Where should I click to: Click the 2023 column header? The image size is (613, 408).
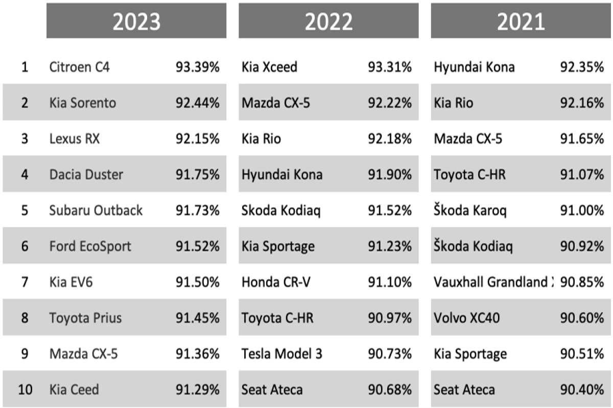pyautogui.click(x=136, y=21)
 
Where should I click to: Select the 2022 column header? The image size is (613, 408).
pyautogui.click(x=328, y=21)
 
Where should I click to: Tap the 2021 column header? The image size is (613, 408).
pyautogui.click(x=521, y=21)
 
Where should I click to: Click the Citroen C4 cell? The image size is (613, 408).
pyautogui.click(x=79, y=67)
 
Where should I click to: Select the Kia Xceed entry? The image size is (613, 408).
pyautogui.click(x=269, y=67)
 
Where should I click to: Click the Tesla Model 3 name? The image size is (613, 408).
pyautogui.click(x=282, y=354)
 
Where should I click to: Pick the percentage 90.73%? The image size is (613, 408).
pyautogui.click(x=390, y=354)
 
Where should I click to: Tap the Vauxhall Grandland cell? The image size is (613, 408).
pyautogui.click(x=493, y=282)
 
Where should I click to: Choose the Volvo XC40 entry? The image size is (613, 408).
pyautogui.click(x=467, y=318)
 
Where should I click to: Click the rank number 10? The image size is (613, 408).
pyautogui.click(x=25, y=390)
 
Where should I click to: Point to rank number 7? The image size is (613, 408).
pyautogui.click(x=25, y=282)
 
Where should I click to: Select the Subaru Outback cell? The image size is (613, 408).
pyautogui.click(x=96, y=210)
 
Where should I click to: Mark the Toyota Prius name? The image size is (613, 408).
pyautogui.click(x=85, y=318)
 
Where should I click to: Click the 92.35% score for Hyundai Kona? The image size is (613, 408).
pyautogui.click(x=582, y=67)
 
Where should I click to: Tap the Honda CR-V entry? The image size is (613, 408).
pyautogui.click(x=275, y=282)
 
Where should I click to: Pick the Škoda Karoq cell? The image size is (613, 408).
pyautogui.click(x=470, y=210)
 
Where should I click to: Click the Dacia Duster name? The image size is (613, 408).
pyautogui.click(x=86, y=174)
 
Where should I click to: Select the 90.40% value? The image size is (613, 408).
pyautogui.click(x=582, y=390)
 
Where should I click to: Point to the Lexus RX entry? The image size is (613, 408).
pyautogui.click(x=75, y=139)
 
